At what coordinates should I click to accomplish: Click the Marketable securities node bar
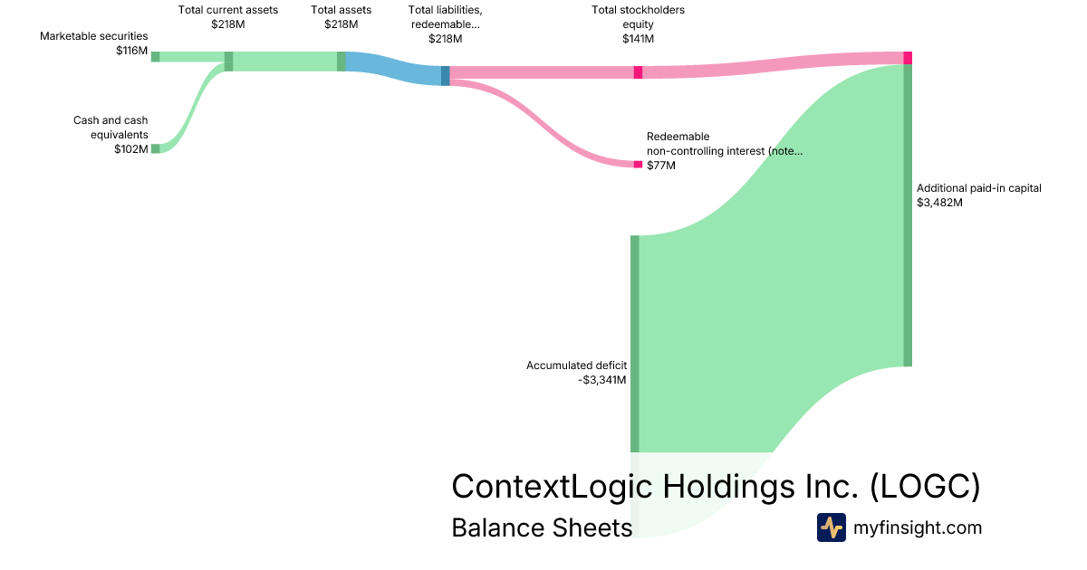click(155, 56)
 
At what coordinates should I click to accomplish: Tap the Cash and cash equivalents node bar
click(155, 148)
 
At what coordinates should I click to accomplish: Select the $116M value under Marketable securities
click(131, 51)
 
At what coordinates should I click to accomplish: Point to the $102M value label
click(131, 149)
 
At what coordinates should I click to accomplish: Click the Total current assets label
click(228, 10)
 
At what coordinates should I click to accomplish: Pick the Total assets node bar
click(341, 61)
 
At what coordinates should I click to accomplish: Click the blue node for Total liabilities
click(445, 75)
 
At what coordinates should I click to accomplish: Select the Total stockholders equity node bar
click(638, 72)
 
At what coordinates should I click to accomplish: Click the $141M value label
click(638, 39)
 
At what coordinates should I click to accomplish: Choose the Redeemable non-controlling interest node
click(638, 164)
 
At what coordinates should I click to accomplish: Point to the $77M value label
click(661, 166)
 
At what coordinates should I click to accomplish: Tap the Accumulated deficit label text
click(576, 366)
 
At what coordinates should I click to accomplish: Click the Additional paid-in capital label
click(979, 188)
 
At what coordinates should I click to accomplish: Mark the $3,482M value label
click(939, 203)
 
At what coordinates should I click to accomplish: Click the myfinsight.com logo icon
click(831, 527)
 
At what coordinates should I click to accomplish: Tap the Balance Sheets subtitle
click(542, 527)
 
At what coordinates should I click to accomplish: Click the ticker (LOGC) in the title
click(924, 486)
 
